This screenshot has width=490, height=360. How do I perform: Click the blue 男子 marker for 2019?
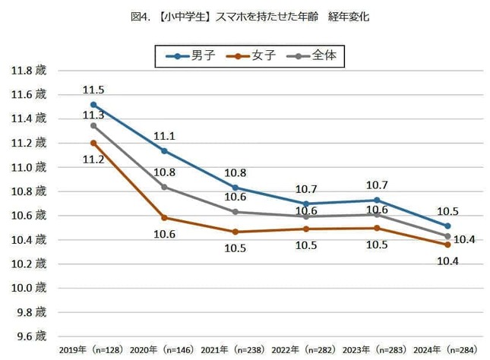click(x=93, y=105)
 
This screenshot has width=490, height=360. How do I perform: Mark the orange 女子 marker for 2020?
click(x=164, y=218)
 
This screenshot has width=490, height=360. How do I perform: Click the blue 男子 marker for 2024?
click(x=447, y=226)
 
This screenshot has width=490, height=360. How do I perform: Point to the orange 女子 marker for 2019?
click(x=93, y=143)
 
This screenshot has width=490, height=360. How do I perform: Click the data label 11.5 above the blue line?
click(x=93, y=90)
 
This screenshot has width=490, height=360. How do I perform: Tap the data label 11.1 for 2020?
click(x=165, y=137)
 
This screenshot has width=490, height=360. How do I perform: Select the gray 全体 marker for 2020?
click(x=164, y=187)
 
